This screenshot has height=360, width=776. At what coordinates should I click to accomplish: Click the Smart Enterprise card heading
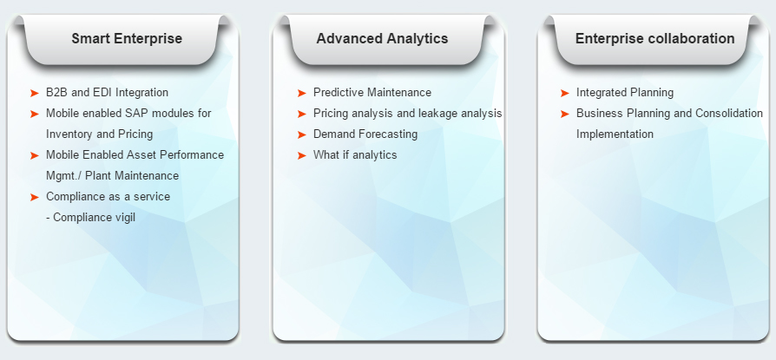point(127,38)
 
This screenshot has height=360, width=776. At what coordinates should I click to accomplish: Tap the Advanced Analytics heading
point(382,38)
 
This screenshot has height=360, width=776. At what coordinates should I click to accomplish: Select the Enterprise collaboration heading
point(654,38)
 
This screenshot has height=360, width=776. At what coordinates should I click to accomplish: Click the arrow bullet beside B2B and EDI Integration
point(34,93)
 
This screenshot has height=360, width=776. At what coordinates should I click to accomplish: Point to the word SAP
point(140,114)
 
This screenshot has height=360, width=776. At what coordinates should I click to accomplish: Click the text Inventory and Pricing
point(100,134)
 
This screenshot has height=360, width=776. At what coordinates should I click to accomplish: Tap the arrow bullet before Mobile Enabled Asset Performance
point(34,155)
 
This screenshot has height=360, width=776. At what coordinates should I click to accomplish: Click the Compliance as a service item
point(108,196)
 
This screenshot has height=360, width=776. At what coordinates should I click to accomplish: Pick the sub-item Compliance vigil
point(90,217)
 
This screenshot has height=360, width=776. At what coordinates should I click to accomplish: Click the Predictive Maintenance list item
point(372,93)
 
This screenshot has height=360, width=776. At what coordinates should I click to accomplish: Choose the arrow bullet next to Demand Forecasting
point(301,134)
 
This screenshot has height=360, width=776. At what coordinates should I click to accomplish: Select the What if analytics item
point(355,154)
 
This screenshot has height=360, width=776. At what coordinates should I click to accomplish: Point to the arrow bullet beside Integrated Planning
point(565,93)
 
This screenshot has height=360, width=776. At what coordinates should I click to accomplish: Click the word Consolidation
point(729,114)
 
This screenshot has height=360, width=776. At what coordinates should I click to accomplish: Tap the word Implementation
point(615,134)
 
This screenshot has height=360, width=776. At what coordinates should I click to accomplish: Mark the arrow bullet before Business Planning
point(565,114)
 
